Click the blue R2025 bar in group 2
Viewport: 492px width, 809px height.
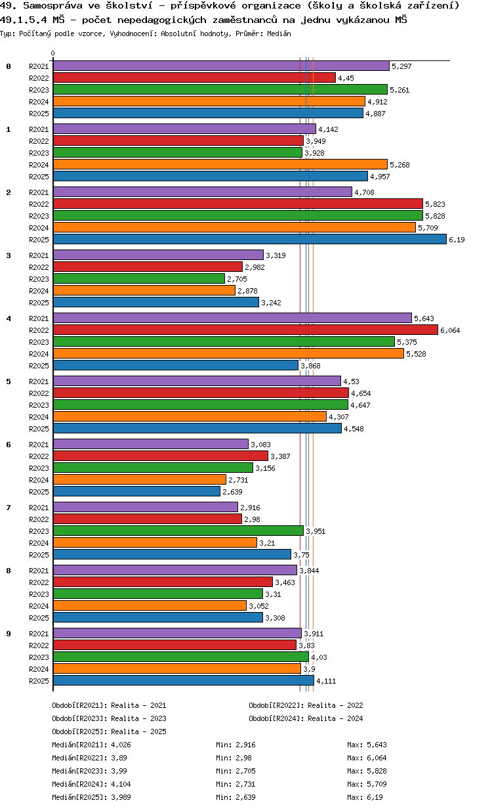(x=249, y=240)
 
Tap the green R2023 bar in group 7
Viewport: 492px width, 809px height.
(x=178, y=531)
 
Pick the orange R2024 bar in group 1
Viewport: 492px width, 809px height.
(x=220, y=165)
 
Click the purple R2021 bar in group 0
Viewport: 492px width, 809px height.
(x=221, y=66)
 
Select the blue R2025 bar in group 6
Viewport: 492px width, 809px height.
(x=136, y=492)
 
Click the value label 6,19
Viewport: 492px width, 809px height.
(x=457, y=240)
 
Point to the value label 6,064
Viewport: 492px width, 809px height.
(x=450, y=331)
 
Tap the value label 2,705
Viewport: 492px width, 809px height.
(x=237, y=280)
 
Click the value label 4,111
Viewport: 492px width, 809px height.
(x=326, y=682)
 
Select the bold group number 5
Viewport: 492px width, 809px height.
(x=9, y=382)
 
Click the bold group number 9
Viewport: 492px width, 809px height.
(x=9, y=634)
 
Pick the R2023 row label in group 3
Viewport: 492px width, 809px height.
(x=39, y=279)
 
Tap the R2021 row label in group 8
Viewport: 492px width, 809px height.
(x=39, y=571)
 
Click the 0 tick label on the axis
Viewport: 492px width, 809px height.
(x=53, y=54)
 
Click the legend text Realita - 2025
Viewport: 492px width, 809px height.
(x=138, y=732)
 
